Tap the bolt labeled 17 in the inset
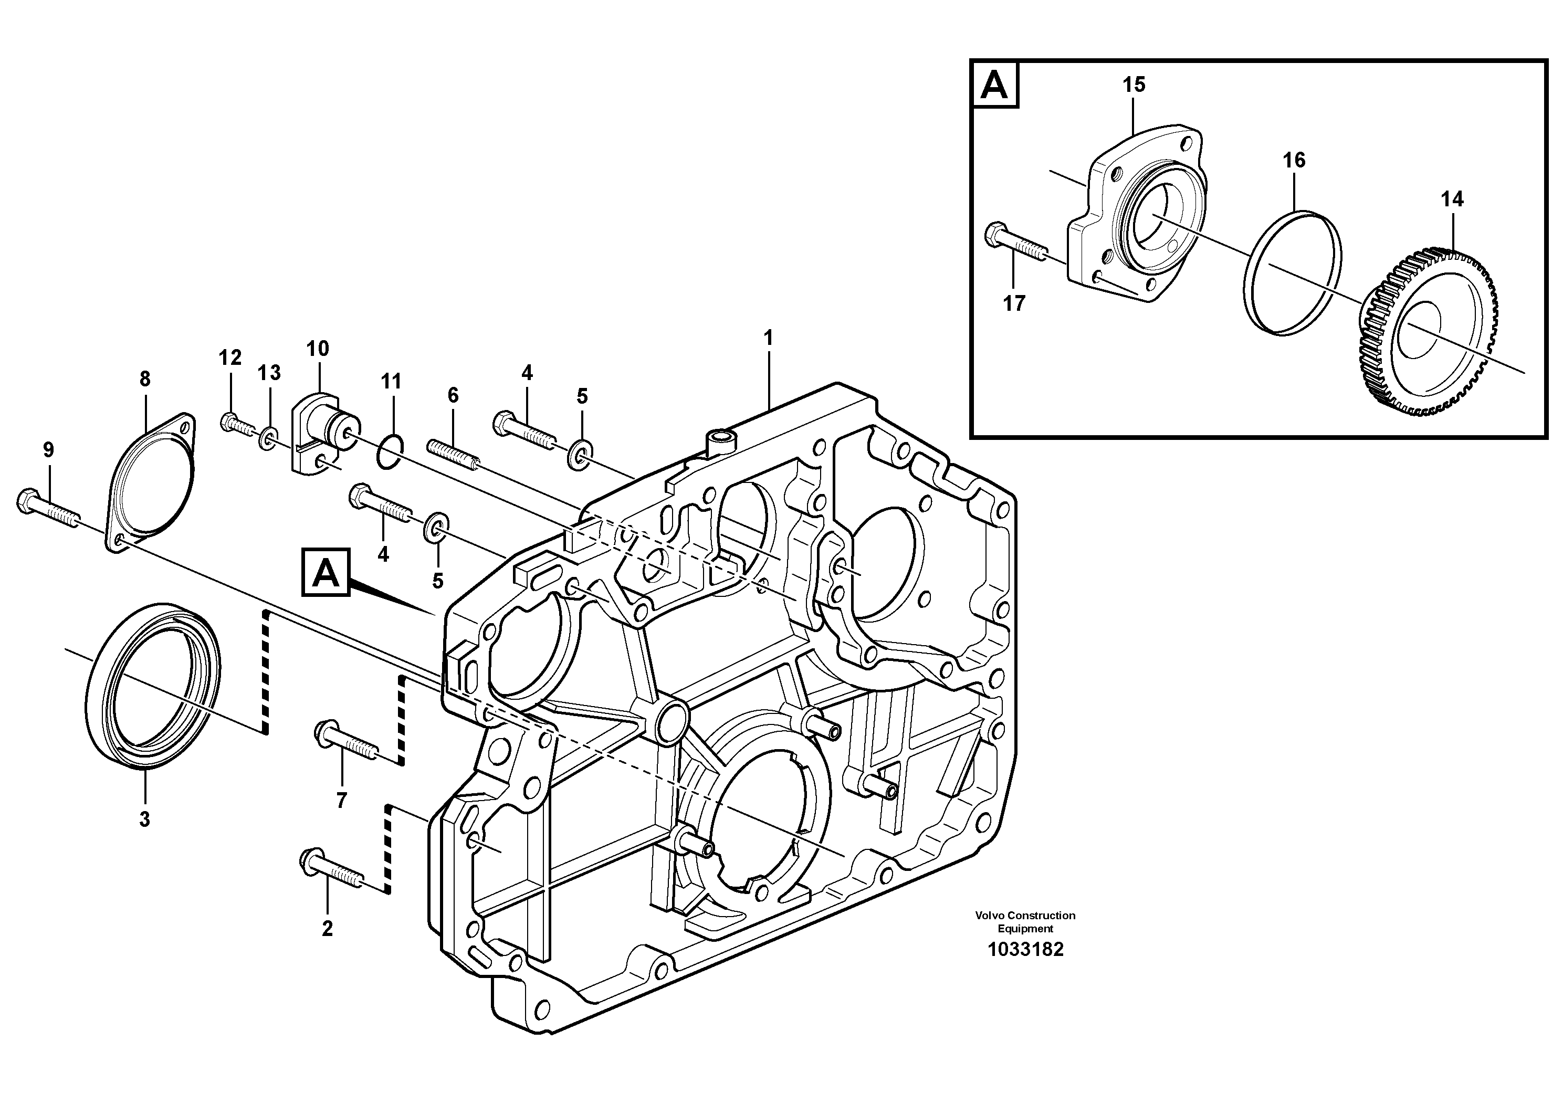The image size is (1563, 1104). click(x=1014, y=246)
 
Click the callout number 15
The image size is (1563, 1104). click(x=1134, y=85)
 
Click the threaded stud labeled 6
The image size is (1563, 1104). click(x=454, y=454)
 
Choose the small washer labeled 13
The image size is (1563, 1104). click(x=268, y=439)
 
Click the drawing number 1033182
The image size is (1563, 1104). click(x=1025, y=950)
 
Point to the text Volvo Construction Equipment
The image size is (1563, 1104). click(x=1025, y=922)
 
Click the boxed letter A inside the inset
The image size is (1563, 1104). click(x=994, y=85)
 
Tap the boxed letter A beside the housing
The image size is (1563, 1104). click(x=326, y=572)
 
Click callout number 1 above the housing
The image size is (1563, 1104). click(x=768, y=338)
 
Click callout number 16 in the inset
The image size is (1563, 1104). click(x=1294, y=160)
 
